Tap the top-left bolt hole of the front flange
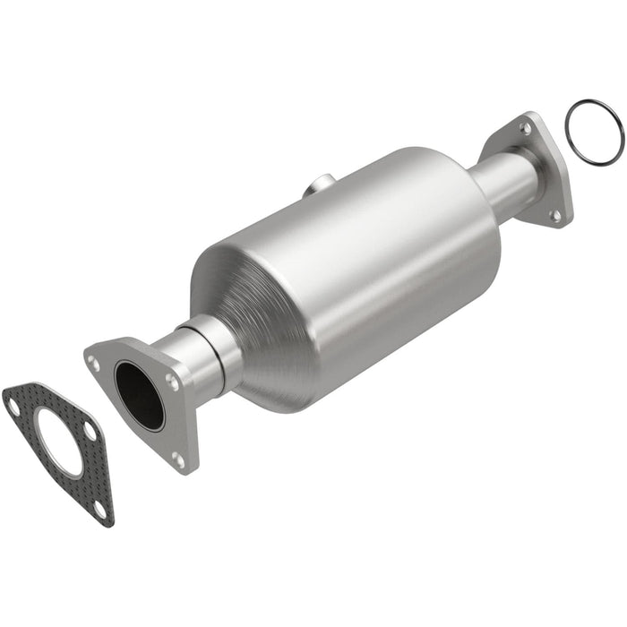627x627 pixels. (93, 362)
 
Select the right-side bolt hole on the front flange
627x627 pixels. (172, 381)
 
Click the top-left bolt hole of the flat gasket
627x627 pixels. (13, 406)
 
